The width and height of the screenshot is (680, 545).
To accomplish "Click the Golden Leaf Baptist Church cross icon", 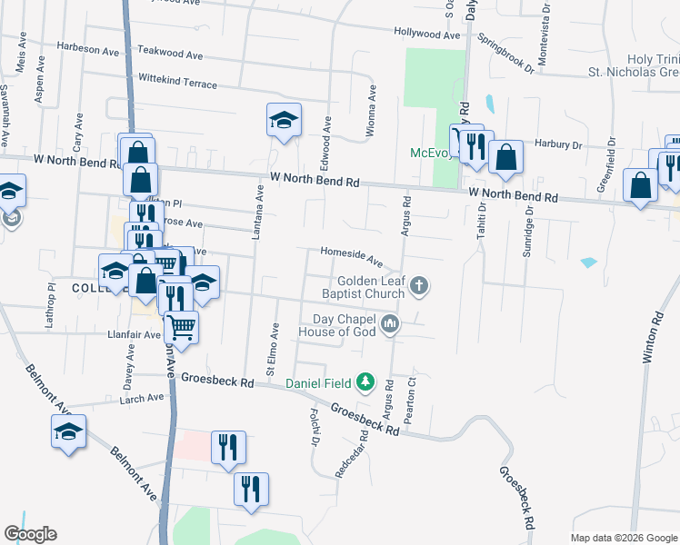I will pyautogui.click(x=419, y=286).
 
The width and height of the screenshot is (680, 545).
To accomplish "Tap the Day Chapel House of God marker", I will pyautogui.click(x=391, y=323).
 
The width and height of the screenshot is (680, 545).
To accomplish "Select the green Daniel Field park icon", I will pyautogui.click(x=365, y=382).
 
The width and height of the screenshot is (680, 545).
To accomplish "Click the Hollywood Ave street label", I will pyautogui.click(x=427, y=35).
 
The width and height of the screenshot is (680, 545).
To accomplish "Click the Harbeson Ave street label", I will pyautogui.click(x=88, y=47).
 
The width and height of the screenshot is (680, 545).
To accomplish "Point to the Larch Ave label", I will pyautogui.click(x=142, y=397).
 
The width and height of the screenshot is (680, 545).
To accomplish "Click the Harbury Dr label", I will pyautogui.click(x=558, y=144).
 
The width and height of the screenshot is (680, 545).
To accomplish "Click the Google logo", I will pyautogui.click(x=31, y=534).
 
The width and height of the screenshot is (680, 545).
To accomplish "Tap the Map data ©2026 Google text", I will pyautogui.click(x=624, y=538).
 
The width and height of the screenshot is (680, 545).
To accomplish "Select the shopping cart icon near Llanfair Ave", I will pyautogui.click(x=182, y=327).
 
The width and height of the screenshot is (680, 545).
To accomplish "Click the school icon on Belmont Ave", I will pyautogui.click(x=68, y=432).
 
